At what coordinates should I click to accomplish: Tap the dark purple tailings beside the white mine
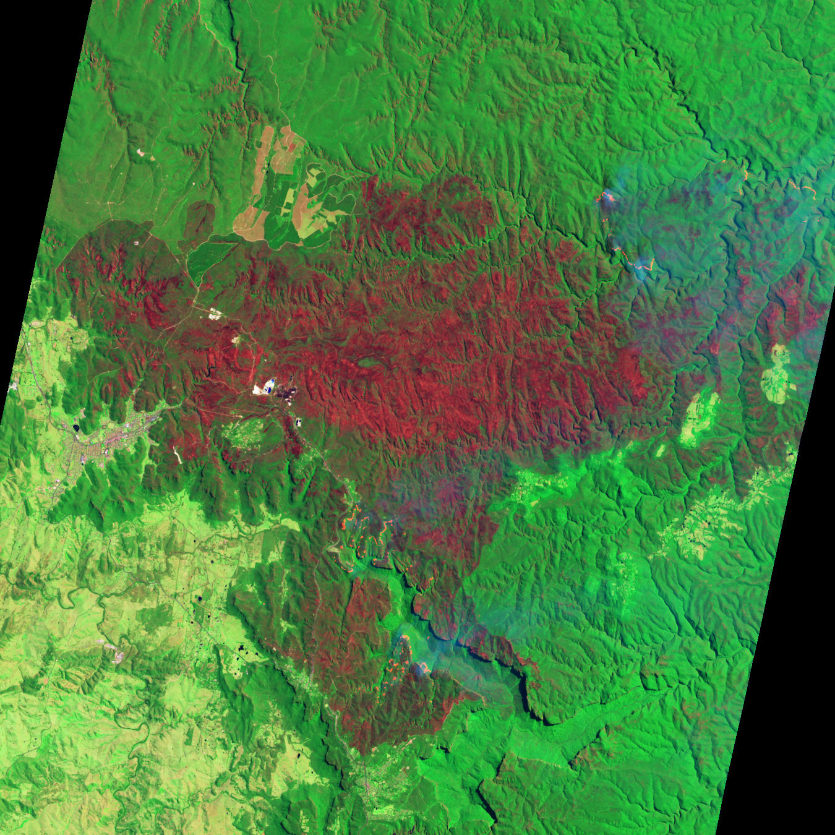pos(286,390)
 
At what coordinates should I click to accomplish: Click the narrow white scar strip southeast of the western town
pos(178,456)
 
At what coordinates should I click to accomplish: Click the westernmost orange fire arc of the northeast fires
pos(606,197)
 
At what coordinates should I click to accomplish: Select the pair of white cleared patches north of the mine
pos(215,314)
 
